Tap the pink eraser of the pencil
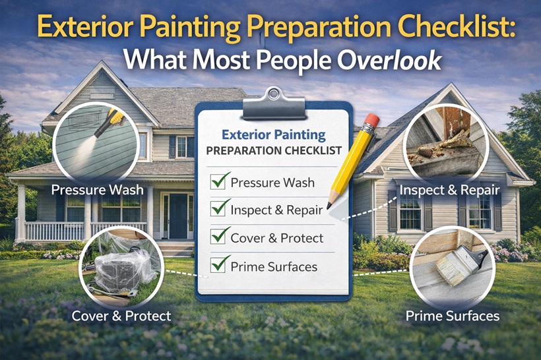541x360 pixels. pyautogui.click(x=371, y=121)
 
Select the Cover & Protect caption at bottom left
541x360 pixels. pyautogui.click(x=121, y=316)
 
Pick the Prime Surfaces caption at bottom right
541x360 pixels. pyautogui.click(x=452, y=316)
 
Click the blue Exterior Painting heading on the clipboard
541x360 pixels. pyautogui.click(x=273, y=135)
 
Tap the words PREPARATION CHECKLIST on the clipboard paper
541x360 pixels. pyautogui.click(x=273, y=150)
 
